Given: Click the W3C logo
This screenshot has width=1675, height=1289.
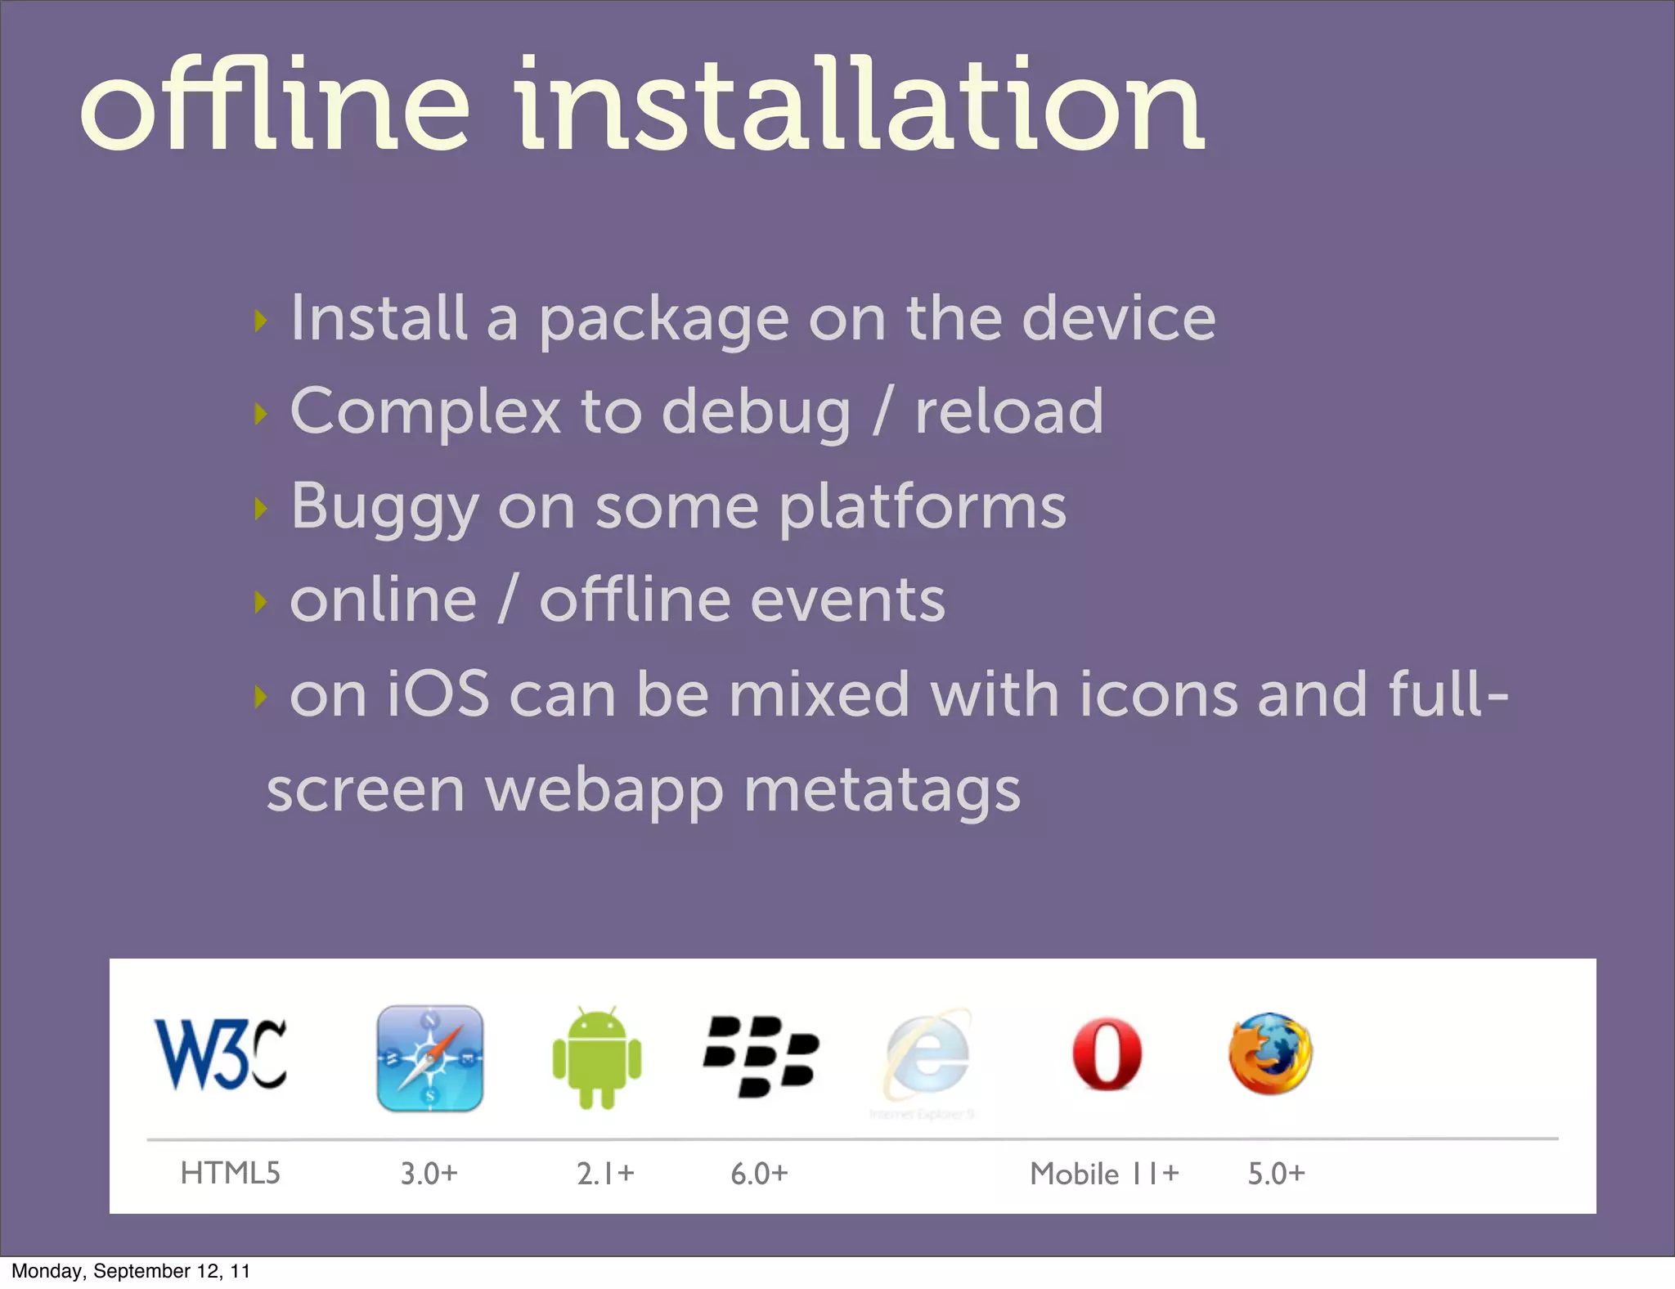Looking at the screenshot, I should (221, 1054).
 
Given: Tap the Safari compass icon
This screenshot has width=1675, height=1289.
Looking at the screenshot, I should (429, 1058).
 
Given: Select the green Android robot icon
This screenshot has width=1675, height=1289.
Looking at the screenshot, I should (597, 1058).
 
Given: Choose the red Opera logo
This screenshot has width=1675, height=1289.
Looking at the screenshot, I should (1107, 1054).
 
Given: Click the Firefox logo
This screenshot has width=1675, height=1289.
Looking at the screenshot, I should (1270, 1054).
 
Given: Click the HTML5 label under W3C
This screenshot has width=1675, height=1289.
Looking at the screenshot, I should (230, 1173).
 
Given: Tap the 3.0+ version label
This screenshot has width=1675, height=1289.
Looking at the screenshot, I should (429, 1174).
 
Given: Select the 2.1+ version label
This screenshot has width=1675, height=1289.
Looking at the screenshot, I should (605, 1174).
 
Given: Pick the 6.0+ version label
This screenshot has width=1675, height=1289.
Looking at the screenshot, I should (759, 1174).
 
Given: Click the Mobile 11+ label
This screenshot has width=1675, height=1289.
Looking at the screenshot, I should (1104, 1174).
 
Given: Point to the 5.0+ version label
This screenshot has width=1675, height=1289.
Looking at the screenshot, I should (1276, 1174).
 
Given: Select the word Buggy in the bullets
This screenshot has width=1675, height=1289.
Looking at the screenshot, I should (384, 507).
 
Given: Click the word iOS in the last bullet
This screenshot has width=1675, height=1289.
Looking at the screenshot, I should (438, 694).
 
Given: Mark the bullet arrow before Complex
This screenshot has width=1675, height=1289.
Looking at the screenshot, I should (261, 414).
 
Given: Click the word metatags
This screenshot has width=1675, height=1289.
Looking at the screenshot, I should (882, 790).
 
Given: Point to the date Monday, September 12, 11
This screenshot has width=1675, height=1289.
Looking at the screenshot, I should (131, 1271).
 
